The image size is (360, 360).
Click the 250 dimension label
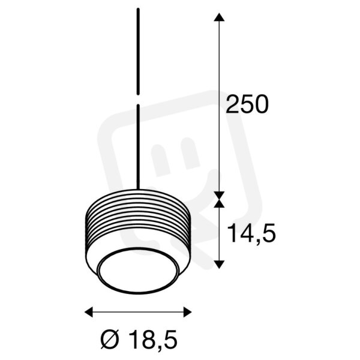(247, 104)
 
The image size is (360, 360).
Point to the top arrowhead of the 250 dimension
(219, 17)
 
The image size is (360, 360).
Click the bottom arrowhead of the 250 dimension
(219, 195)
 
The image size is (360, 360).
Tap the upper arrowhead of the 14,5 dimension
(219, 203)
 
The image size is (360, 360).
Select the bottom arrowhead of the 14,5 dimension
(219, 265)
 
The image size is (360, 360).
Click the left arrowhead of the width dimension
(89, 312)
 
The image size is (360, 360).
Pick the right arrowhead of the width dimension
(188, 312)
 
